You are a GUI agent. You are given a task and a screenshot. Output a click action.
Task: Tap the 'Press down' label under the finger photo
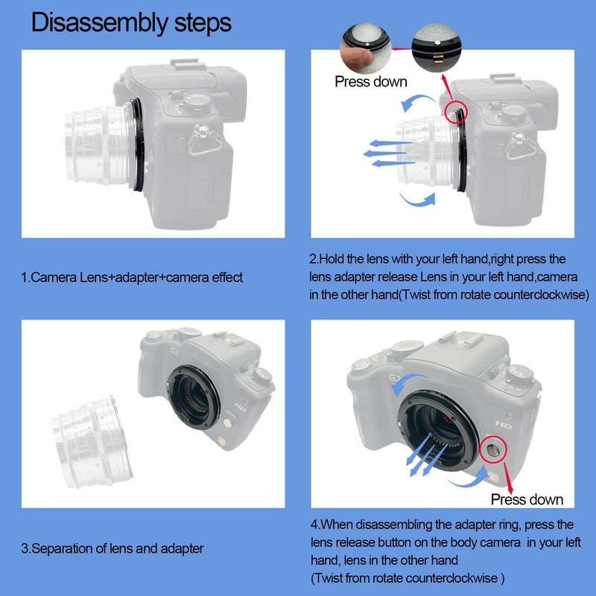coord(370,81)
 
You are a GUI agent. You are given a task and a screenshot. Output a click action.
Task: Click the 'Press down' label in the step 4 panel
coord(527,498)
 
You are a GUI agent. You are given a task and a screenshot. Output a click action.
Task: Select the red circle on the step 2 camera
coord(454,112)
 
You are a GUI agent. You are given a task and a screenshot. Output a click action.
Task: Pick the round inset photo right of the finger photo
coord(435,46)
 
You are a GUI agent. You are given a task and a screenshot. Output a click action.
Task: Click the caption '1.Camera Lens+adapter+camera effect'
coord(131,277)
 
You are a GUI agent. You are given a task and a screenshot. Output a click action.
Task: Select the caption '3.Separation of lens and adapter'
coord(112,548)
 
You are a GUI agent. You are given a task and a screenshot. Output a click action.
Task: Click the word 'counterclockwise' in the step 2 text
coord(536,295)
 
